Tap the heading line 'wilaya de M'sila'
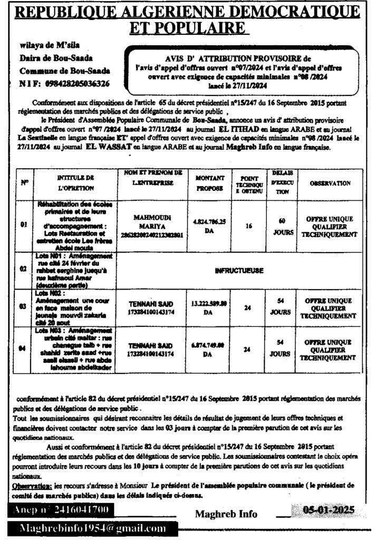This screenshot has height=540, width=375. (x=44, y=46)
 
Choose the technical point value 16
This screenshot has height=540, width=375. (x=248, y=225)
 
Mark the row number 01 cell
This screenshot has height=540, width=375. (x=25, y=225)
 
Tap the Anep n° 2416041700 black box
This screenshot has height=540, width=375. (x=61, y=510)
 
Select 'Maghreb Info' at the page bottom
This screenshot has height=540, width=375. (x=226, y=514)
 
